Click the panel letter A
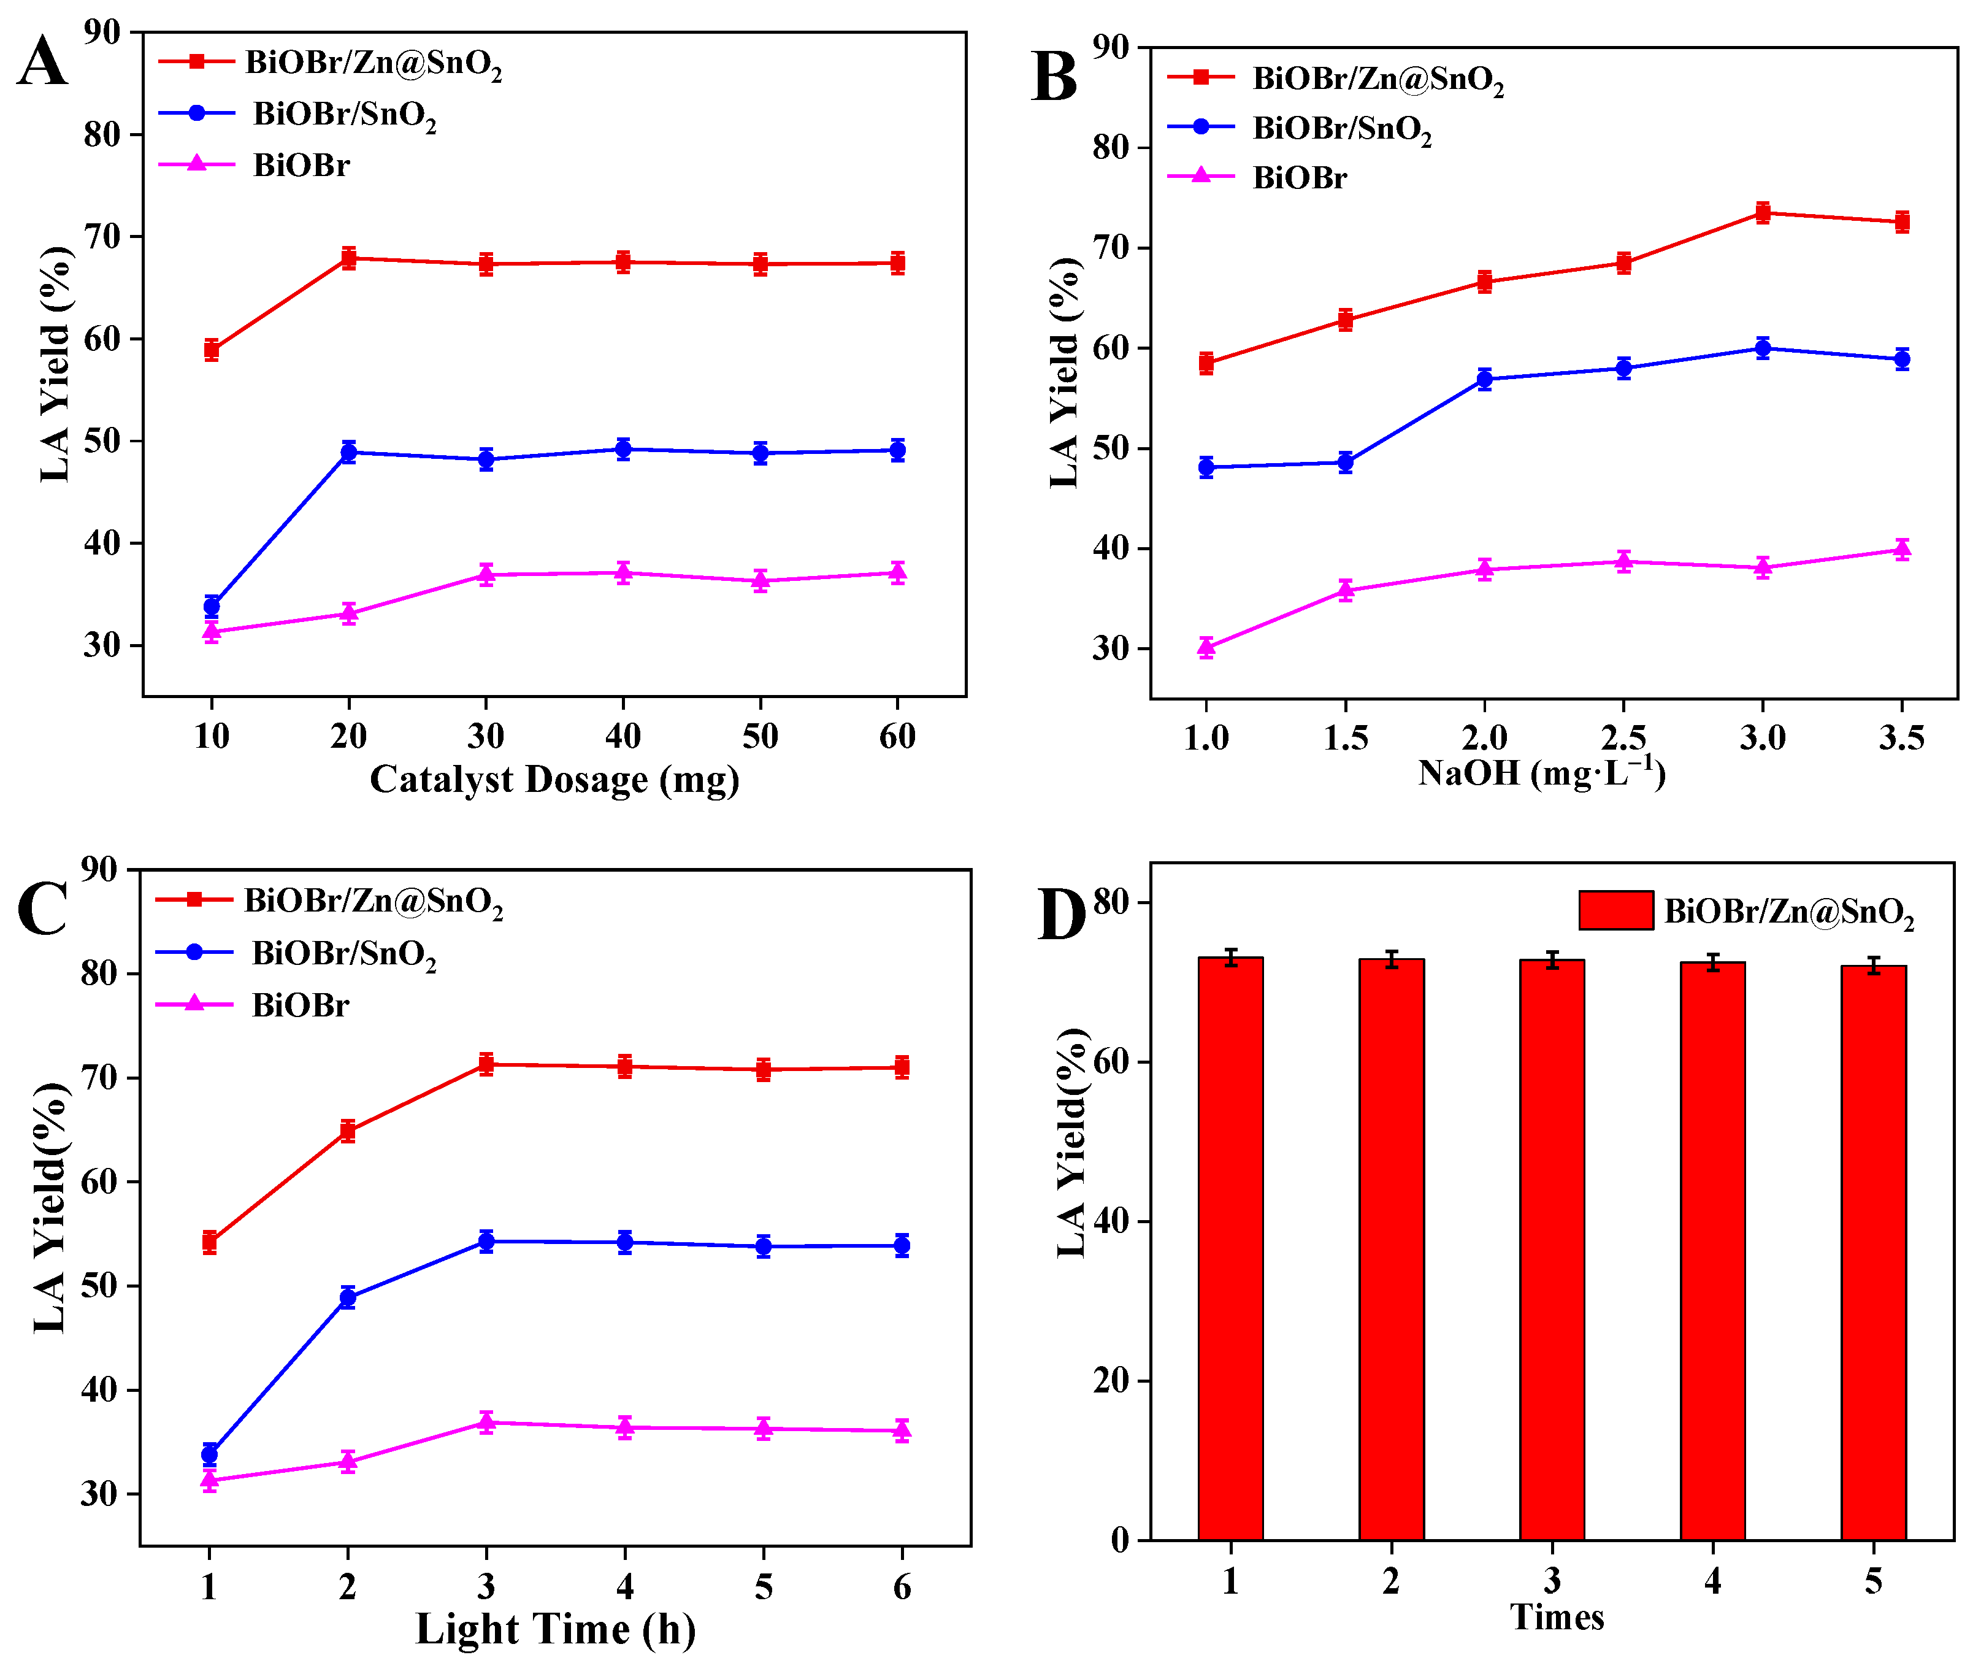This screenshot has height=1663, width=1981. tap(42, 62)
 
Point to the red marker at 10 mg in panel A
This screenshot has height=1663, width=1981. tap(212, 350)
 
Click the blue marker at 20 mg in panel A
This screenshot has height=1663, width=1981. tap(349, 452)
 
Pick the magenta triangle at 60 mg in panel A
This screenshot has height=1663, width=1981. tap(897, 572)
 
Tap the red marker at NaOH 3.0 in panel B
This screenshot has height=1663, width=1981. tap(1762, 212)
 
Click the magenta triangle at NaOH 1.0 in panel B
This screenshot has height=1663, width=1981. tap(1206, 647)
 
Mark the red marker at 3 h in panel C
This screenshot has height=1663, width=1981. tap(486, 1064)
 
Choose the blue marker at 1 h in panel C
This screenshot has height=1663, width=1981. tap(209, 1454)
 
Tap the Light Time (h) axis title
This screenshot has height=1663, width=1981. tap(556, 1629)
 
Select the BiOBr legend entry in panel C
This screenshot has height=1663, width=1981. tap(299, 1005)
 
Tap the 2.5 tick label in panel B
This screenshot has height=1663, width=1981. tap(1623, 737)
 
